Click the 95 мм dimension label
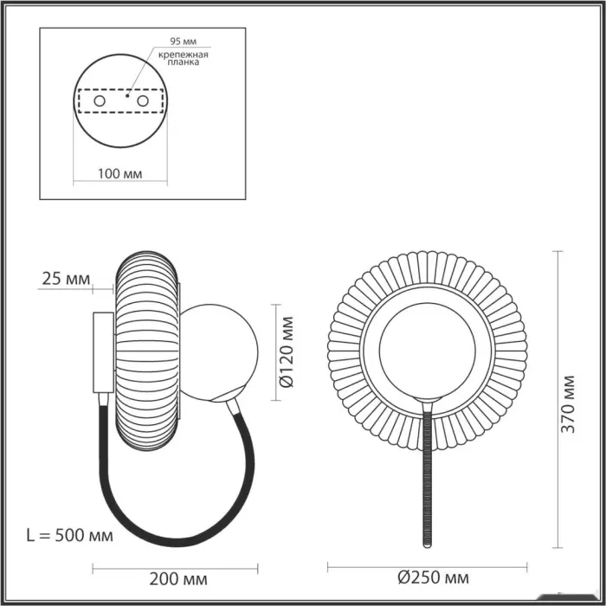pyautogui.click(x=184, y=41)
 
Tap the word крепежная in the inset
pyautogui.click(x=184, y=55)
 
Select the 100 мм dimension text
pyautogui.click(x=119, y=174)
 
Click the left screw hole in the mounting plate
pyautogui.click(x=100, y=101)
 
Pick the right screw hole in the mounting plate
pyautogui.click(x=143, y=101)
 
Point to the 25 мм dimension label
pyautogui.click(x=66, y=279)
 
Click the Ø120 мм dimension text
pyautogui.click(x=287, y=352)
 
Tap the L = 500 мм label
pyautogui.click(x=70, y=535)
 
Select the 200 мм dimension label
pyautogui.click(x=178, y=578)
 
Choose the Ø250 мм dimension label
pyautogui.click(x=433, y=577)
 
